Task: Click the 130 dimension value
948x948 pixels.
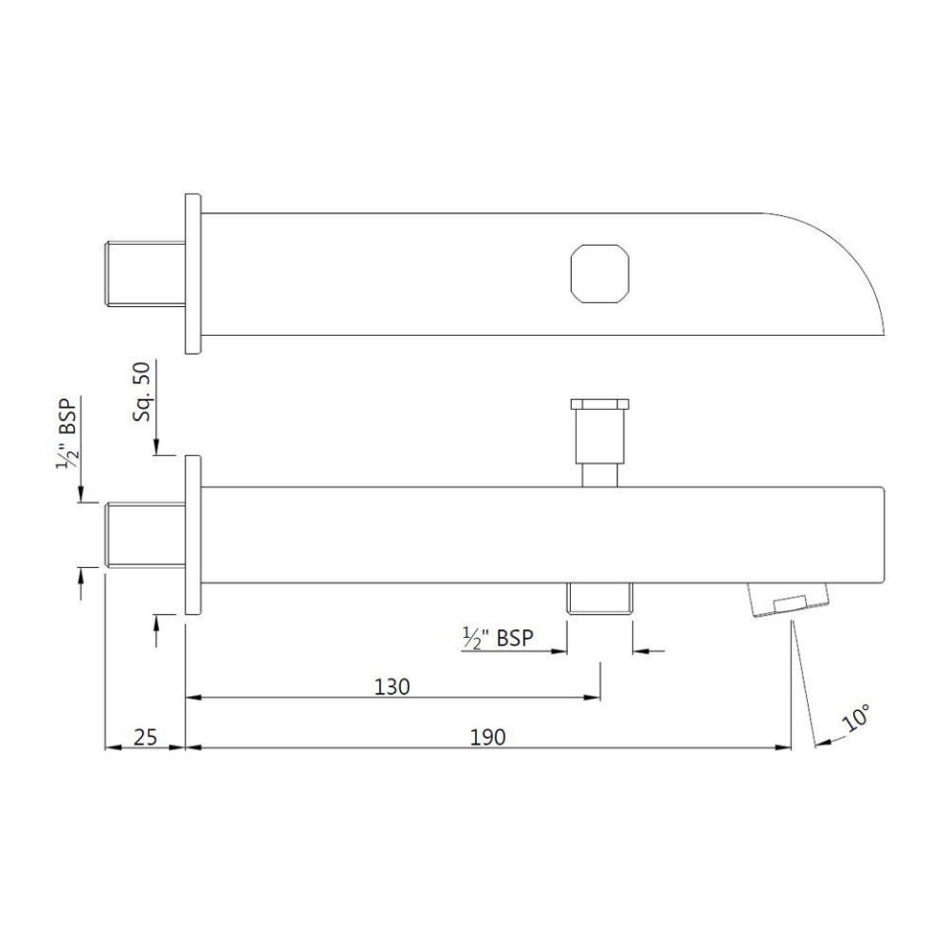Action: (392, 686)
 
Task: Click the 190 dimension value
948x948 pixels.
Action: (488, 736)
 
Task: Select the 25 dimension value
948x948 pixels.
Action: (146, 736)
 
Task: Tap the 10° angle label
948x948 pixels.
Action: (856, 718)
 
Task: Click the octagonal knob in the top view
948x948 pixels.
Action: (599, 272)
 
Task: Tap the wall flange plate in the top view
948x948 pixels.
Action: (194, 273)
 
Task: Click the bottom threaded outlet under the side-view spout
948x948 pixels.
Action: (599, 599)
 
